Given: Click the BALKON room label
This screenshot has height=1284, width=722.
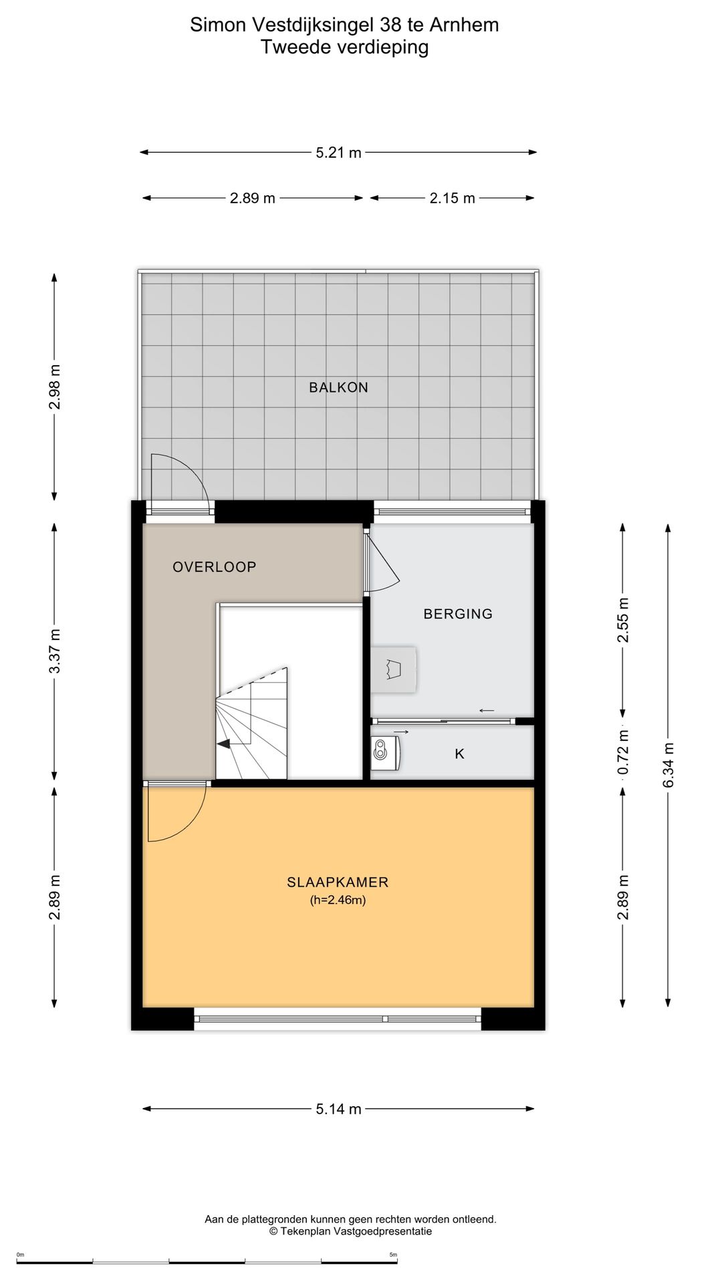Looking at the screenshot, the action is point(338,387).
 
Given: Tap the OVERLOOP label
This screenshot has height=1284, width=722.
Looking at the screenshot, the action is point(215,567).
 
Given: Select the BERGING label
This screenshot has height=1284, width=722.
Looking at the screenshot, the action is point(458,614).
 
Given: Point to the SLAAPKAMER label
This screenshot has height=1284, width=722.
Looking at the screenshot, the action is point(338,882).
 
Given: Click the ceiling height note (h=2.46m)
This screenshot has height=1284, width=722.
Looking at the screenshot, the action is point(338,900).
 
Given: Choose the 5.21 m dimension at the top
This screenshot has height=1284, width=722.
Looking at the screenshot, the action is point(338,152).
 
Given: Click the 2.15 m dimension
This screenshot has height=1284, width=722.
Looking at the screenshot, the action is point(453,198).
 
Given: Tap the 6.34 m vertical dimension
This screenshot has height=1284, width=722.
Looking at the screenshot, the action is point(668,764).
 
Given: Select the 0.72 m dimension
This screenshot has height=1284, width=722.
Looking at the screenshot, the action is point(623,752).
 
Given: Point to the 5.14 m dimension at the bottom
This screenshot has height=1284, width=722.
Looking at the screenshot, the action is point(338,1109).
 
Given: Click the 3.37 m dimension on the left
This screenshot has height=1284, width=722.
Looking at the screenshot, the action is point(55,651).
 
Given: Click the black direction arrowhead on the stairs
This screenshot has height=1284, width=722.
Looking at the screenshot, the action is point(223,744).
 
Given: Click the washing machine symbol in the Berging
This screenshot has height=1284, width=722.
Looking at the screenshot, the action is point(394,669).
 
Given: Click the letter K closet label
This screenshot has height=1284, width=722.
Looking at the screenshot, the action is point(459,754).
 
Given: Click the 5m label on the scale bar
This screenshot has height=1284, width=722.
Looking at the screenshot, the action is point(393,1254).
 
